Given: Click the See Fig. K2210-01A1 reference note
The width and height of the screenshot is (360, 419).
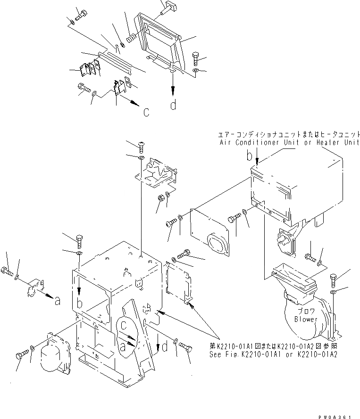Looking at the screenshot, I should (x=273, y=354).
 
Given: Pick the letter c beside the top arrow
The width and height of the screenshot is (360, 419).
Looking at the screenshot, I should (x=146, y=112).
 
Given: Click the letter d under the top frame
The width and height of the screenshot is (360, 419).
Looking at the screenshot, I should (x=174, y=105).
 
